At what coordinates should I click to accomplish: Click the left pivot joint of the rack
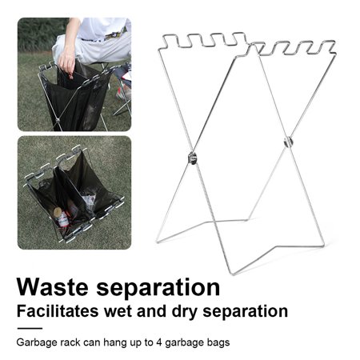point(193,158)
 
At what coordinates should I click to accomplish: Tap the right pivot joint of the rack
point(288,142)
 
